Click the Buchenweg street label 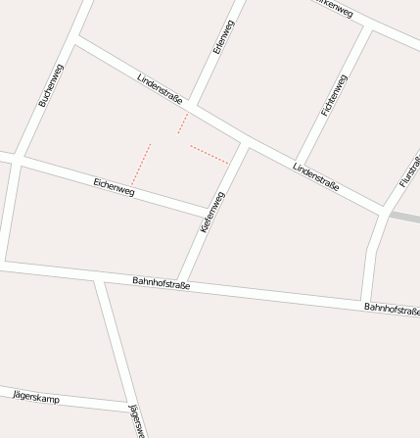(50, 85)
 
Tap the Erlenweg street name (223, 36)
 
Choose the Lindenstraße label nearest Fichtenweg (315, 176)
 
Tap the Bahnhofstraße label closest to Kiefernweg (161, 283)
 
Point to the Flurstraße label (409, 171)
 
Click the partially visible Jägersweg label (137, 419)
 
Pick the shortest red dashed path (182, 122)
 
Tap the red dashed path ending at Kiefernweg (210, 155)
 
